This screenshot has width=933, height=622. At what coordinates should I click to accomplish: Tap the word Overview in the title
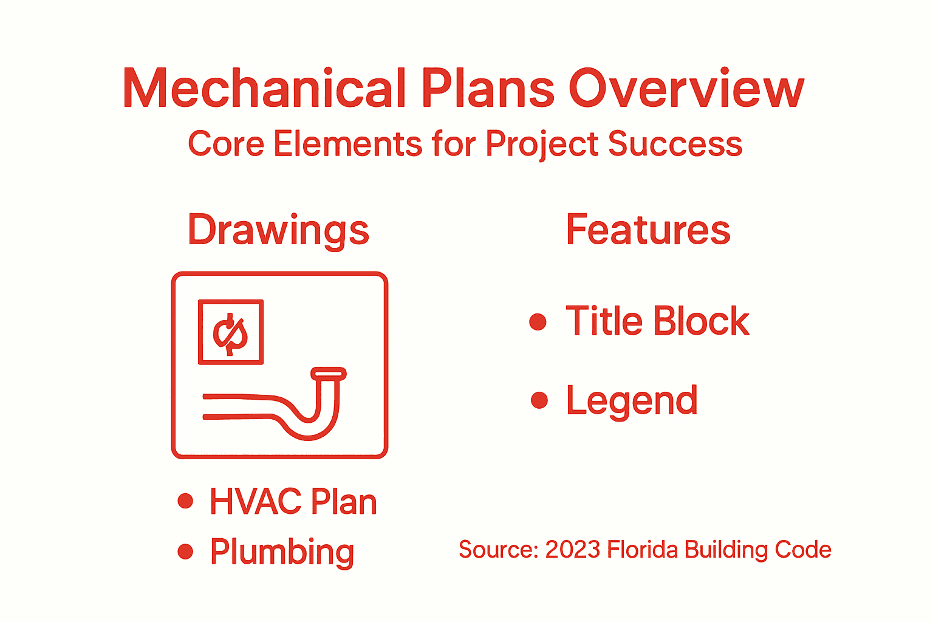coord(686,89)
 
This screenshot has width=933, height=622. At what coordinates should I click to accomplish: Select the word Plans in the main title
coord(488,89)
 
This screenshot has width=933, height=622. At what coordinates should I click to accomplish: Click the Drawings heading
coord(278,231)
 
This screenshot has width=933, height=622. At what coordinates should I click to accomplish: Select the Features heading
coord(648,230)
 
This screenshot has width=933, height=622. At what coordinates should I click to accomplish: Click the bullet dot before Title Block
coord(538,321)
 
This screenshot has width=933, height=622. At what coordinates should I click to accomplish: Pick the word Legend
coord(632,401)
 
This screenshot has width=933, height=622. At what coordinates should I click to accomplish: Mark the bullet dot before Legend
coord(539,400)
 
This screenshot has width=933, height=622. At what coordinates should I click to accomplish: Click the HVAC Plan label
coord(293,502)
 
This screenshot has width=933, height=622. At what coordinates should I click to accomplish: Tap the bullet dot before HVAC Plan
coord(185,501)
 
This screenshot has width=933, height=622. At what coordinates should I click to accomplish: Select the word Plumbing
coord(282,552)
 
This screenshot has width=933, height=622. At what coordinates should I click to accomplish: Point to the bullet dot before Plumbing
coord(185,552)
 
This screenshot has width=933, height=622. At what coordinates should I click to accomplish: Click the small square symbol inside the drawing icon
coord(231,332)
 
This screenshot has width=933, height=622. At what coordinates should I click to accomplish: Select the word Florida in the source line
coord(642,550)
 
